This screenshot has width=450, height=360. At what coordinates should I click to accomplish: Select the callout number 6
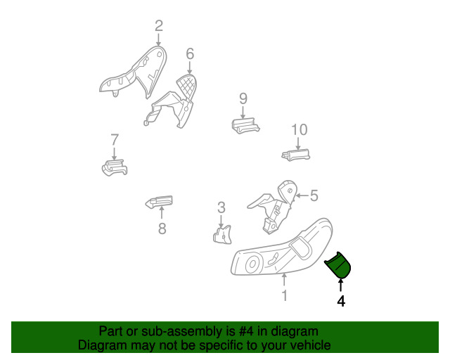190,53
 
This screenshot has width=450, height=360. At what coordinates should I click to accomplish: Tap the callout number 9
243,98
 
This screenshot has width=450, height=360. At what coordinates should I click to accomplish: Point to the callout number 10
300,130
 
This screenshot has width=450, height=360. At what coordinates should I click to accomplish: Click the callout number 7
115,140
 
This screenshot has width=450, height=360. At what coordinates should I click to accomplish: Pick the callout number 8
162,229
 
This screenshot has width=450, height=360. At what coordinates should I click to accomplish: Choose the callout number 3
221,207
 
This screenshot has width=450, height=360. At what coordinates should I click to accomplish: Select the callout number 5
314,195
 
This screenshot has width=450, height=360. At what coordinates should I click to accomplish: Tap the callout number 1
284,295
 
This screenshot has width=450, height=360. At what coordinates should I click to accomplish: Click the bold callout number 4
341,301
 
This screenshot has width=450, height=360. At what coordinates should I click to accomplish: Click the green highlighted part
337,265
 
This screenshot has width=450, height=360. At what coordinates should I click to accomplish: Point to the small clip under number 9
245,126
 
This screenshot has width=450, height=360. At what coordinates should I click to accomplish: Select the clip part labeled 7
115,168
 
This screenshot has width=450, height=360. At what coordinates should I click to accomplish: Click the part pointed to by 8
160,202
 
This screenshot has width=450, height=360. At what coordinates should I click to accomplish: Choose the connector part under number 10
296,155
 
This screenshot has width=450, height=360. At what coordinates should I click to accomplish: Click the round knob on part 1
253,264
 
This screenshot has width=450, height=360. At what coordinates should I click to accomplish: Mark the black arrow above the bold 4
340,285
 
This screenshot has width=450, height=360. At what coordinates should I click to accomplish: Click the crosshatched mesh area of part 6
188,85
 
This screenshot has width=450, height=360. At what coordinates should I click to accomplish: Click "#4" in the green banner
246,332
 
